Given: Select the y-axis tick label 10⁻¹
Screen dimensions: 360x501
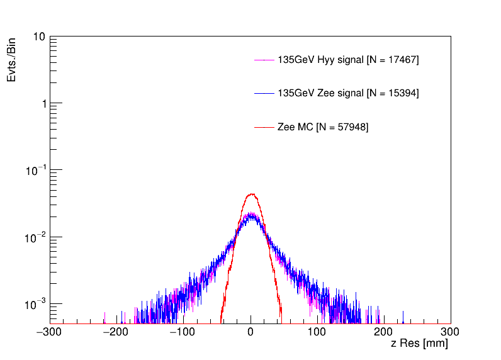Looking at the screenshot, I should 35,171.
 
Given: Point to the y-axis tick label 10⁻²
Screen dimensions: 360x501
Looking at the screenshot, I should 35,237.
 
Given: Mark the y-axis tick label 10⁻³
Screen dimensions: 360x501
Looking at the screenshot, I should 35,304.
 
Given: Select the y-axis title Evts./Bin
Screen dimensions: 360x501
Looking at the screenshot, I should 12,59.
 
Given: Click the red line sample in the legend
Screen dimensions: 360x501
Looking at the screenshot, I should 264,127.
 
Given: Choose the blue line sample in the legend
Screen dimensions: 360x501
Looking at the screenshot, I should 264,93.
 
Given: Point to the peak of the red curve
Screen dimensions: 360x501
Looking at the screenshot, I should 251,194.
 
